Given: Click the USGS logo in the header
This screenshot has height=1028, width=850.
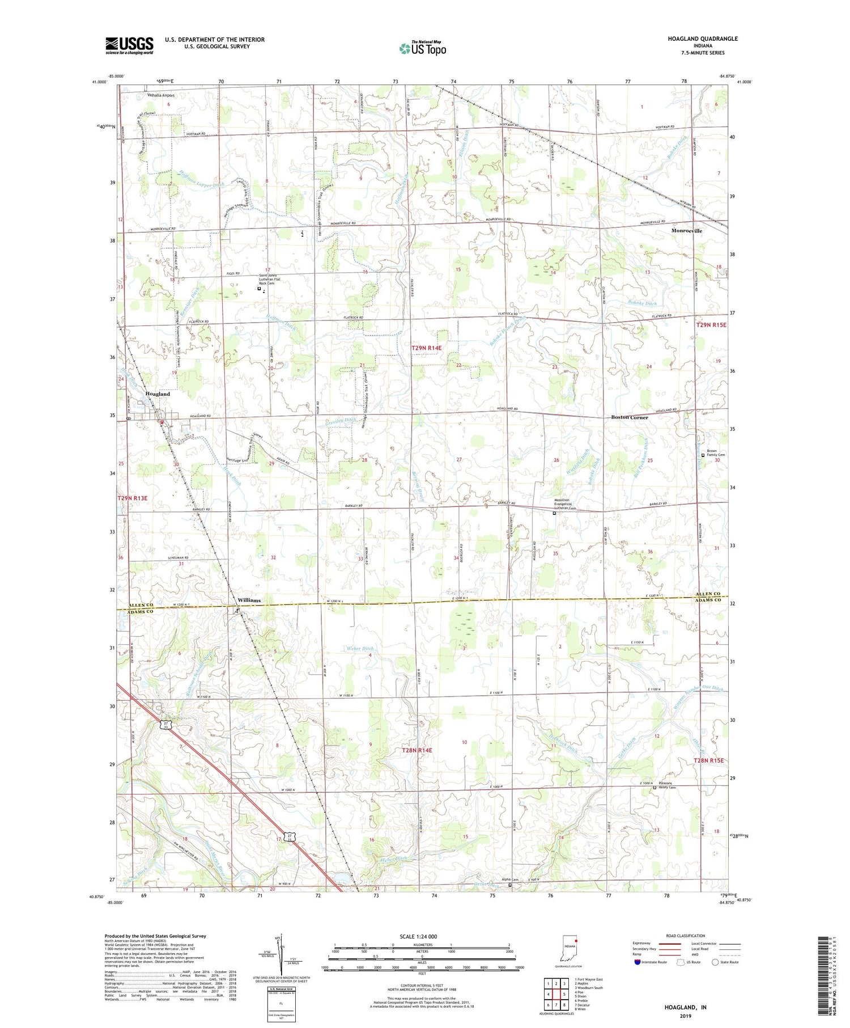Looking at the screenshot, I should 129,45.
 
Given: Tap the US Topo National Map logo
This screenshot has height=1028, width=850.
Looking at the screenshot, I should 422,48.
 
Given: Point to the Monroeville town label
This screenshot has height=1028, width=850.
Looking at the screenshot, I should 687,231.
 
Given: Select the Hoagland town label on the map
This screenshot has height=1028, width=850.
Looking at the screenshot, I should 158,394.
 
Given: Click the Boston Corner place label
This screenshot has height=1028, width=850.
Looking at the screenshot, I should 629,417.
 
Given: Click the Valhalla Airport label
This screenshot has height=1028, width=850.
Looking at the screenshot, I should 161,95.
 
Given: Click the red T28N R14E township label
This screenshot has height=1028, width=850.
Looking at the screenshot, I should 416,750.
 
